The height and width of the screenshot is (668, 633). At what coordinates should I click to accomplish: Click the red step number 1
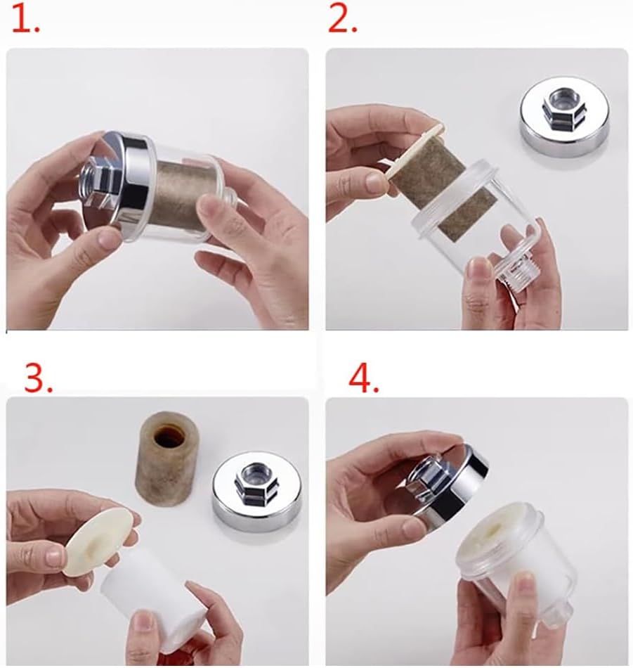[25, 20]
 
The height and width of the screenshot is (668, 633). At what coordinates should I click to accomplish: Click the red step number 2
[343, 20]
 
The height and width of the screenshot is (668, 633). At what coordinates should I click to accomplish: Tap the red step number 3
[39, 376]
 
